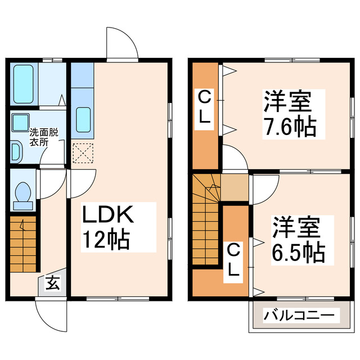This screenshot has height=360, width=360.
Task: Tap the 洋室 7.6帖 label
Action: (x=288, y=112)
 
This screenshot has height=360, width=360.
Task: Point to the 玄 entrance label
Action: (x=52, y=284)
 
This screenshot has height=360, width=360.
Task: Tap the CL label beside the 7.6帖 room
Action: (x=205, y=109)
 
